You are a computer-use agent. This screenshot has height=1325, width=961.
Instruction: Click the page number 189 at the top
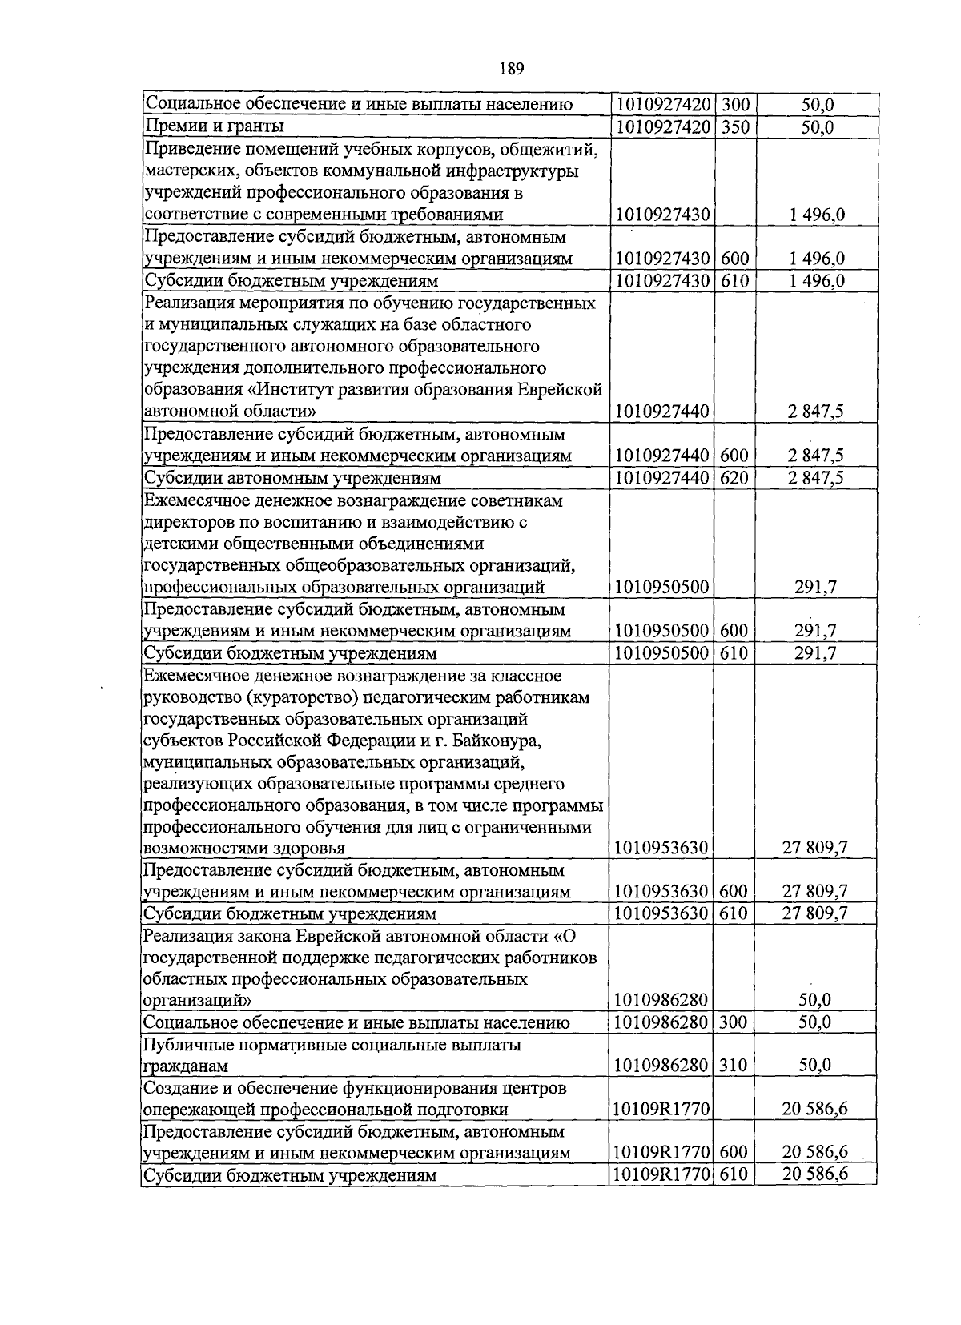(x=511, y=69)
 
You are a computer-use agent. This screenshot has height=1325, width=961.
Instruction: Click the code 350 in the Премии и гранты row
(x=734, y=126)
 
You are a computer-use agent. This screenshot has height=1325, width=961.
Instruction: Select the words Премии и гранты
(x=214, y=126)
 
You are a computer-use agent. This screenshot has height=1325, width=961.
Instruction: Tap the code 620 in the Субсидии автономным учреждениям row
(x=734, y=478)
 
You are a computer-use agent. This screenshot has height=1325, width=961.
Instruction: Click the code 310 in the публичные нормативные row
(x=733, y=1065)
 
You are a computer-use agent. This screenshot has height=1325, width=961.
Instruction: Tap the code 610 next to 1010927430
(x=734, y=281)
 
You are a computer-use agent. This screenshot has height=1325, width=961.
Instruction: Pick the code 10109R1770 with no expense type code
(x=661, y=1109)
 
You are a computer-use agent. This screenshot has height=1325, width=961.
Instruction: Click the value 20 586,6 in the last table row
(x=815, y=1174)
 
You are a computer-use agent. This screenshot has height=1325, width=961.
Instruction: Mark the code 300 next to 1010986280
(x=733, y=1022)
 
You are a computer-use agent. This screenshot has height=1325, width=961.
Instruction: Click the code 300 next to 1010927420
(x=734, y=105)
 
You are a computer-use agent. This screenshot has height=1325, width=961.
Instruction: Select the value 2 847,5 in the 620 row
(x=815, y=478)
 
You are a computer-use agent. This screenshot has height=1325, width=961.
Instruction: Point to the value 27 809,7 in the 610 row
(x=815, y=913)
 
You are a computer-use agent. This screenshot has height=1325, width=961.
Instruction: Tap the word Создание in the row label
(x=178, y=1088)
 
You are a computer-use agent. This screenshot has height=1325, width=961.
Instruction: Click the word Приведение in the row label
(x=188, y=148)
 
